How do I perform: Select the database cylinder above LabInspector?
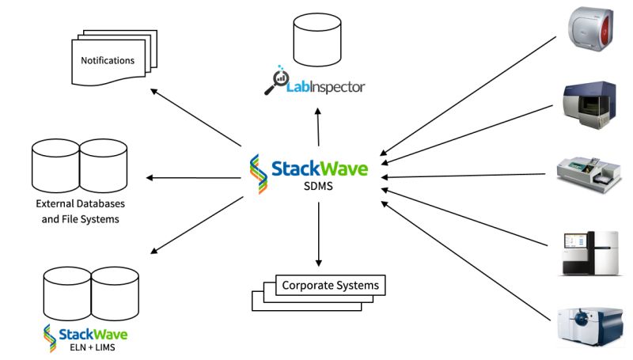tap(317, 40)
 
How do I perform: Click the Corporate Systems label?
tap(330, 286)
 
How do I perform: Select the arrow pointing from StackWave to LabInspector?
tap(317, 127)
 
